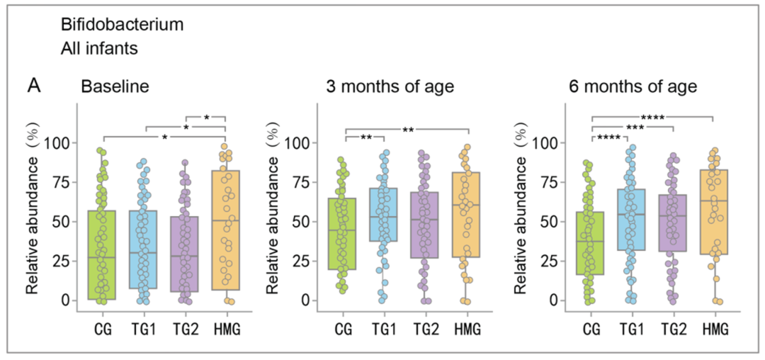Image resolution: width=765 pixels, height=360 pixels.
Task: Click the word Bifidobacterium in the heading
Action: point(122,25)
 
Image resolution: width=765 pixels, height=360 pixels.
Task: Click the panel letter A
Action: point(34,86)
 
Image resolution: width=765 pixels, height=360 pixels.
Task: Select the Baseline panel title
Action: point(115,87)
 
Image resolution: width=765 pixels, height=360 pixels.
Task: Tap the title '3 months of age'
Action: point(390,87)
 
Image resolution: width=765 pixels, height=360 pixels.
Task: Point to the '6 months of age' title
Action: point(633,87)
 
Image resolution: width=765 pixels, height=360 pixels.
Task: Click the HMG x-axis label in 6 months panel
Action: point(712,329)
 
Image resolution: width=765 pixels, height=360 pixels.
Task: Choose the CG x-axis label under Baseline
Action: point(103,329)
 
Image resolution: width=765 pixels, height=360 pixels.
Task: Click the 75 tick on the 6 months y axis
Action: point(546,182)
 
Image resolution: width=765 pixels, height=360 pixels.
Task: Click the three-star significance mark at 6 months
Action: point(632,127)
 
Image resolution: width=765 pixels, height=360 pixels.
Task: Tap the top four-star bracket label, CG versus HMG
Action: point(652,116)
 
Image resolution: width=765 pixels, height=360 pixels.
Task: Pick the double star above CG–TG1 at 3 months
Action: point(365,137)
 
